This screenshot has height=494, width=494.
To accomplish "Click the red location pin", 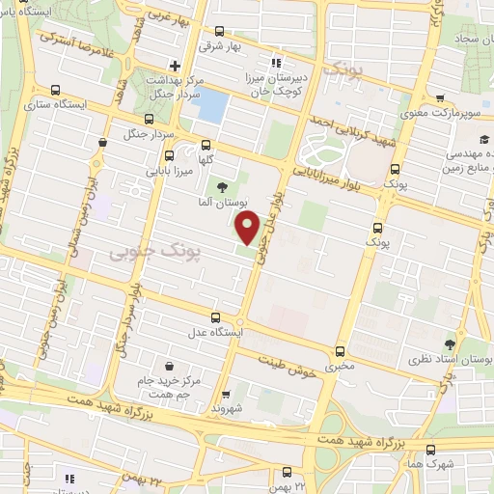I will (249, 230).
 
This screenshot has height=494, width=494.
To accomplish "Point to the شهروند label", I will (230, 409).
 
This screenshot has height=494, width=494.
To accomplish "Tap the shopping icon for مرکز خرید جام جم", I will (170, 367).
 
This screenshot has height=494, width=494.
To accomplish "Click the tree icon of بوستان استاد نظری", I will (451, 343).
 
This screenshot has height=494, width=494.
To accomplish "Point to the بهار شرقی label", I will (218, 44).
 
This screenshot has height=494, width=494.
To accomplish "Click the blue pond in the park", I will (212, 105).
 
